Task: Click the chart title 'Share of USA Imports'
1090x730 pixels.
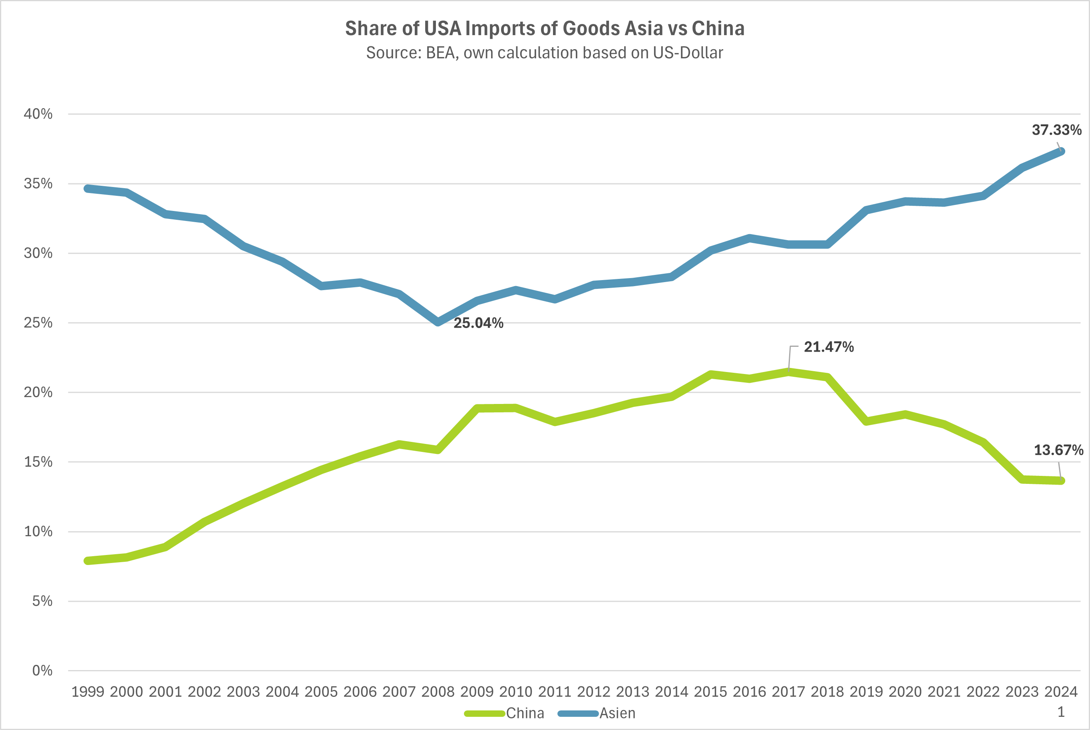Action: click(x=545, y=28)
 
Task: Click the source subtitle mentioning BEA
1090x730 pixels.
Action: click(x=545, y=53)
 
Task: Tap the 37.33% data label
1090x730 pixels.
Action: click(x=1056, y=130)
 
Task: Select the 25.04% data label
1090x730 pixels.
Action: click(x=478, y=323)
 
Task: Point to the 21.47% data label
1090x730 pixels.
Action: click(x=829, y=347)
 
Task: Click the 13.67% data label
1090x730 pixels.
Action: click(x=1058, y=450)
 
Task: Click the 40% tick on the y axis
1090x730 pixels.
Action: click(x=38, y=114)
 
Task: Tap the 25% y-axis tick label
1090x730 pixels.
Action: click(x=38, y=322)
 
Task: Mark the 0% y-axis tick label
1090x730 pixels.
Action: click(x=42, y=671)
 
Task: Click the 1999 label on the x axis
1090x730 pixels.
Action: click(x=88, y=692)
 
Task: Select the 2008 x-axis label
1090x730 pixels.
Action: click(x=438, y=692)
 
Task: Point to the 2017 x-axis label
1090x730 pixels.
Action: click(x=788, y=692)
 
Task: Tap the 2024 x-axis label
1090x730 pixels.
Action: click(x=1061, y=692)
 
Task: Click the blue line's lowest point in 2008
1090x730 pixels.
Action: click(x=438, y=322)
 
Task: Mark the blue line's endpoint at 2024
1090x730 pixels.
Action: click(x=1061, y=151)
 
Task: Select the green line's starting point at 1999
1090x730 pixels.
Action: click(x=88, y=561)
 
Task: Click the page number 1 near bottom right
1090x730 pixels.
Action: click(x=1061, y=712)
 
